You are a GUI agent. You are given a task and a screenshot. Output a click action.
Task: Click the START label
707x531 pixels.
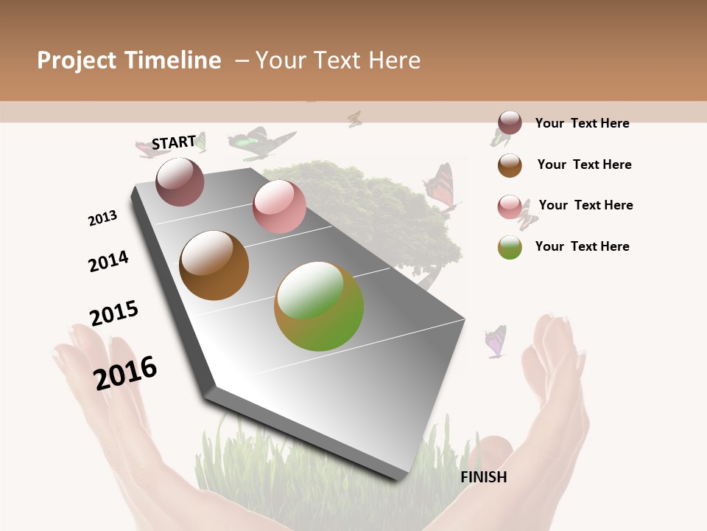(174, 142)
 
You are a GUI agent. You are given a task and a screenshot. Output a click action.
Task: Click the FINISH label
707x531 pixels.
(484, 477)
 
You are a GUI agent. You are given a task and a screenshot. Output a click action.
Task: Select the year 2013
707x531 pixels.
(102, 218)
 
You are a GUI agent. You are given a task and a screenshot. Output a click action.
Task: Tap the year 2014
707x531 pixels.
(108, 261)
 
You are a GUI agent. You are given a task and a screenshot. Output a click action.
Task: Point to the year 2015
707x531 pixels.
(114, 313)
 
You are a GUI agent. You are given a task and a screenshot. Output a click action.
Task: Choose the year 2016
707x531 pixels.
(125, 372)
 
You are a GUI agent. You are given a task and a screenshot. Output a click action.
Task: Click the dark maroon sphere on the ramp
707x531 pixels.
(180, 181)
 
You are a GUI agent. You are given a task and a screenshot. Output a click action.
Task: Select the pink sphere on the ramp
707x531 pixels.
(279, 206)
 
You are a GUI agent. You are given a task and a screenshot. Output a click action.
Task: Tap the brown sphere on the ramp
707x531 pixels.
(214, 265)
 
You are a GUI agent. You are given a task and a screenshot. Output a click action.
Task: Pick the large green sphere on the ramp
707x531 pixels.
(319, 306)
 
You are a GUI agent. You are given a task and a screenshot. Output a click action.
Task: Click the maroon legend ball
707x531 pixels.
(510, 123)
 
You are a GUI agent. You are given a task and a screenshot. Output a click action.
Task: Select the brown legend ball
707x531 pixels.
(510, 164)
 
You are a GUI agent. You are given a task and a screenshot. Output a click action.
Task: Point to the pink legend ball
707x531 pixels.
(510, 206)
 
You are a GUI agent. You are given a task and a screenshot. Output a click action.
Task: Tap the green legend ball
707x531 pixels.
(510, 247)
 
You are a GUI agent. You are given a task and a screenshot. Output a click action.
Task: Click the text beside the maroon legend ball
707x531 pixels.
(582, 123)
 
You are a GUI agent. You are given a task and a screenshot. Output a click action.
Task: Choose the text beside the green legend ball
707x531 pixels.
(582, 246)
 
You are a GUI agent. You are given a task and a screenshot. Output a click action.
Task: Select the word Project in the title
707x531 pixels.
(77, 60)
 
